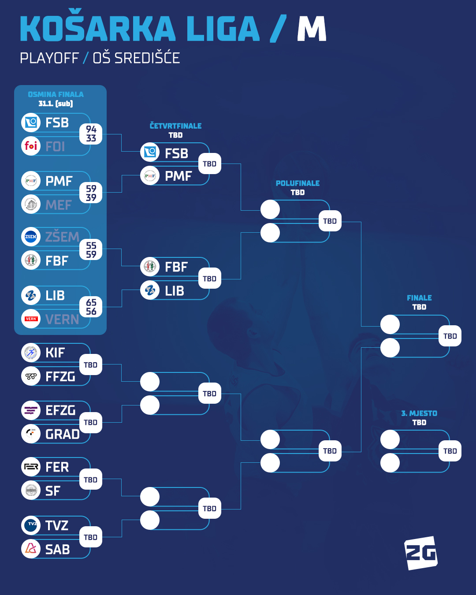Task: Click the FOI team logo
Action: (31, 146)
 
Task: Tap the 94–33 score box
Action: (91, 134)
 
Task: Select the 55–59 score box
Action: (91, 250)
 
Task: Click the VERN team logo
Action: (31, 319)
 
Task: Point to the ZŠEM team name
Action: (62, 237)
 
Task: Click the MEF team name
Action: (58, 205)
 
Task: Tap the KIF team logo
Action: (31, 353)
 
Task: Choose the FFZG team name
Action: (60, 377)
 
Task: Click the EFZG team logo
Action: (31, 410)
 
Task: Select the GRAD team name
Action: (63, 435)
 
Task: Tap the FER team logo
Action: (31, 467)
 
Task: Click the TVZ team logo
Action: (31, 525)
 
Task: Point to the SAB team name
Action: (58, 550)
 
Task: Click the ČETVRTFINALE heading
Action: (175, 126)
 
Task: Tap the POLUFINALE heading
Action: (297, 183)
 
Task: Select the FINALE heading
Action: (419, 298)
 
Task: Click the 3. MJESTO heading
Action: (419, 413)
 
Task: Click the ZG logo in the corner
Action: (421, 553)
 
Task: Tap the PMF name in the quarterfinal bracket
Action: (178, 176)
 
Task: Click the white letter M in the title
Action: (312, 29)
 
